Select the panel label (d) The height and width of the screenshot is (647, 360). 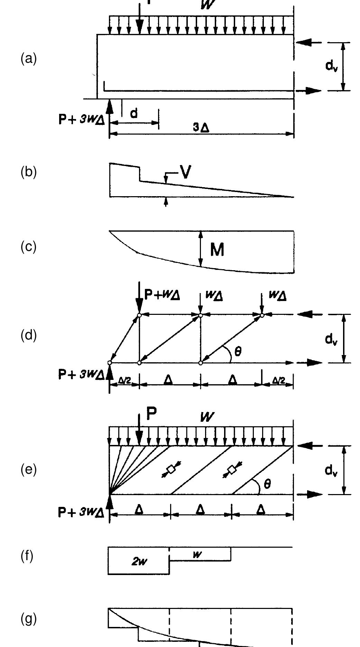click(x=28, y=335)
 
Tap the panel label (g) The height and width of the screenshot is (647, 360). click(x=28, y=619)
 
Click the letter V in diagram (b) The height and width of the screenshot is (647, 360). click(x=186, y=172)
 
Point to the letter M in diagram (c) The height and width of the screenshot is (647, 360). click(x=217, y=249)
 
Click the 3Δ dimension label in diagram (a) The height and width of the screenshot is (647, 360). click(x=201, y=128)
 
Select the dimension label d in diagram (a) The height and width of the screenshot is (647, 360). click(x=134, y=113)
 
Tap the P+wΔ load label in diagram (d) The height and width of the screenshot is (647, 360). click(x=162, y=295)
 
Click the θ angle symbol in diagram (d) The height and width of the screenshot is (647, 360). click(x=238, y=352)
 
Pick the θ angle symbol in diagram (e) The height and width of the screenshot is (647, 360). click(x=267, y=484)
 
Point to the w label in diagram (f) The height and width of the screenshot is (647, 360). click(x=197, y=554)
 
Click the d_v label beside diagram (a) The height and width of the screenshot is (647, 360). click(x=331, y=66)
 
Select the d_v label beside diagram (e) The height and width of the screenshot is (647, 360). click(x=331, y=470)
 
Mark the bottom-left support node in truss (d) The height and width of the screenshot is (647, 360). click(x=110, y=363)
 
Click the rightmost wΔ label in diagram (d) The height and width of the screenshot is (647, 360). click(x=277, y=296)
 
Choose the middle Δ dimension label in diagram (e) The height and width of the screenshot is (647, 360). click(x=200, y=509)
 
